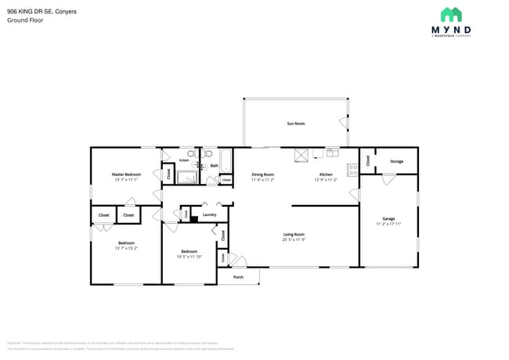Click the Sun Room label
pos(295,124)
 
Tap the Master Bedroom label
pos(126,174)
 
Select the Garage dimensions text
pos(388,224)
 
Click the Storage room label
pos(396,161)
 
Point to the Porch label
pos(238,277)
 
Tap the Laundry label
pos(209,214)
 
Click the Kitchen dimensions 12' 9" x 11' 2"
pos(325,179)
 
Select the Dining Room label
pos(262,174)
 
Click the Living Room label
pos(294,234)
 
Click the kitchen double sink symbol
pos(332,152)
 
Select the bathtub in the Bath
pos(225,160)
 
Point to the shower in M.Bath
pos(187,178)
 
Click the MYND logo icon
pos(450,15)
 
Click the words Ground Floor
pos(25,20)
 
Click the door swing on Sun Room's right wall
pos(343,122)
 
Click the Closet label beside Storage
pos(367,160)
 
